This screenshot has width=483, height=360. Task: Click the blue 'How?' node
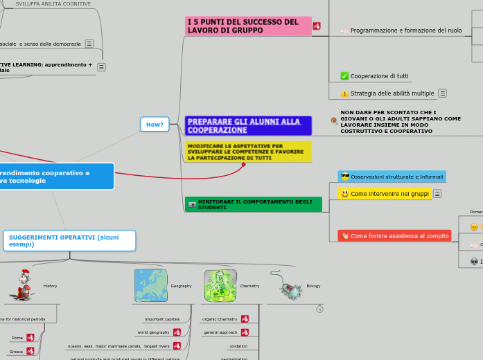point(155,125)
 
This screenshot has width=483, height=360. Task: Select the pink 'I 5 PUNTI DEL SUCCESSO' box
point(248,26)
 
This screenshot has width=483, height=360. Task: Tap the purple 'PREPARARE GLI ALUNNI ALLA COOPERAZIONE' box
point(248,125)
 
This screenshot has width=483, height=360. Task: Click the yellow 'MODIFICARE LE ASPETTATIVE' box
point(248,152)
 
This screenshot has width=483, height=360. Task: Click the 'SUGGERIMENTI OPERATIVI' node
point(69,240)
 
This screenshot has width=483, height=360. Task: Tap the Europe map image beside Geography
point(150,285)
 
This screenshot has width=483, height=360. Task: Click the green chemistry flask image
point(220,285)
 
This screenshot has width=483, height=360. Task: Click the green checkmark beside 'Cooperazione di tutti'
point(344,76)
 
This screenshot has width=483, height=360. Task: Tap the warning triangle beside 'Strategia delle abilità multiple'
point(344,93)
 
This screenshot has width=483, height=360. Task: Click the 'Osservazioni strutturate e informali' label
point(392,177)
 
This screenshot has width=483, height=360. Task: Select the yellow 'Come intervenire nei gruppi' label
point(385,194)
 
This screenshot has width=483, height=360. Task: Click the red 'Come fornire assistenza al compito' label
point(394,236)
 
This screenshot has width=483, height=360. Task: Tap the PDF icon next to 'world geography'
point(177,332)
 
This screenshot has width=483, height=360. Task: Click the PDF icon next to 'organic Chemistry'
point(245,319)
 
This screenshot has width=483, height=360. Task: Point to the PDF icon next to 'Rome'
point(30,338)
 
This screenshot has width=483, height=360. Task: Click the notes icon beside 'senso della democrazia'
point(89,44)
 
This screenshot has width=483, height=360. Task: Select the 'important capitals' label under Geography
point(163,319)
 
